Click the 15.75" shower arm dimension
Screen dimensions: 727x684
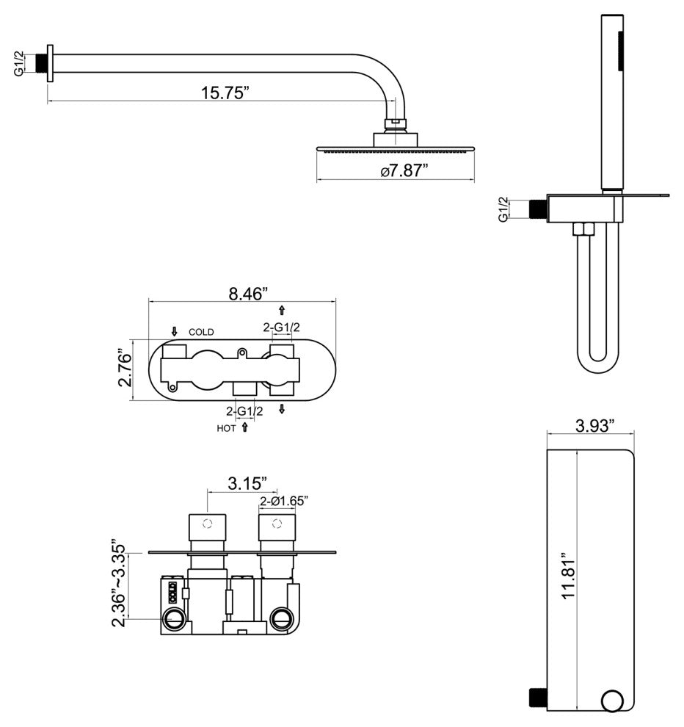pos(225,93)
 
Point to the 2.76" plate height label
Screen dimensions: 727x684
pos(125,370)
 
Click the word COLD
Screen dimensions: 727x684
pos(201,333)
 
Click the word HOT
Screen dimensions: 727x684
pos(226,428)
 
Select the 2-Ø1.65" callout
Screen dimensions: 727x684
pos(283,501)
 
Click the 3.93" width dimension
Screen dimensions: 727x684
pos(593,425)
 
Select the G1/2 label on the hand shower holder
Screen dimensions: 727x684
pos(503,209)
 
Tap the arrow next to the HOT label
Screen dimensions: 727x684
pos(244,427)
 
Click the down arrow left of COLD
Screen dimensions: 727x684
pos(175,332)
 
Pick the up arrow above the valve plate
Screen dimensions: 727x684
pos(282,311)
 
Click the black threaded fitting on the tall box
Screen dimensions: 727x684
pos(539,695)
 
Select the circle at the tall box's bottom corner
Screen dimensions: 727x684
pos(611,701)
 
